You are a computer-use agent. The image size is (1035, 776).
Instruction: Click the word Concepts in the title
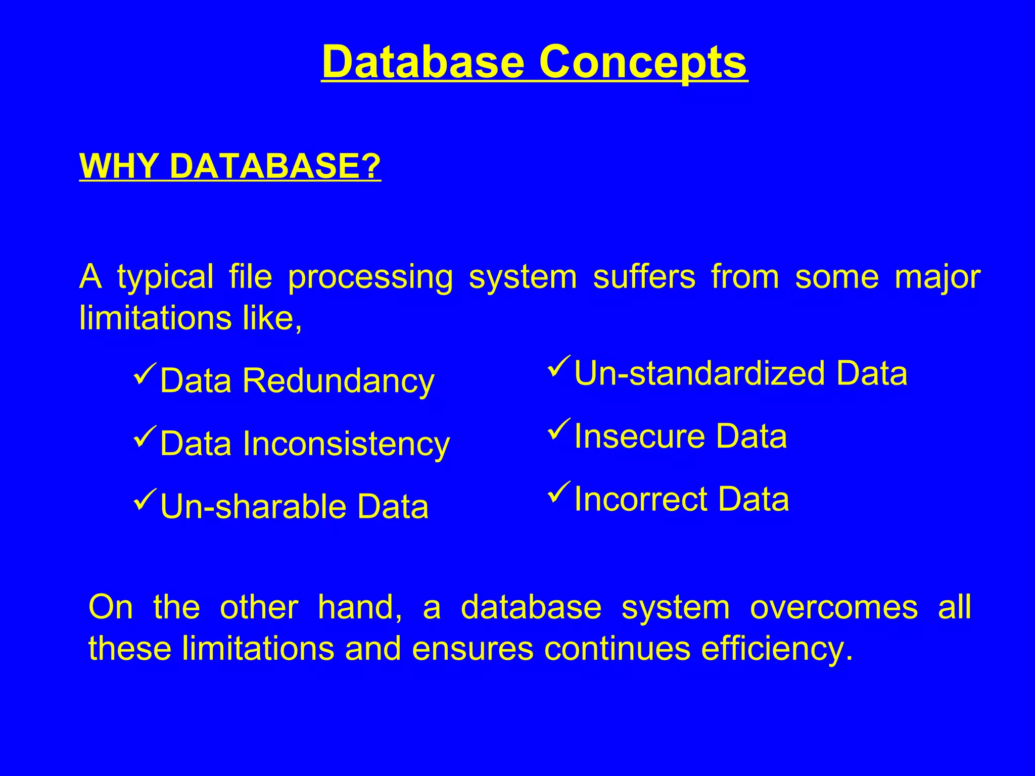(642, 62)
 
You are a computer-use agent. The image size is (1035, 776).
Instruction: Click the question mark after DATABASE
(371, 166)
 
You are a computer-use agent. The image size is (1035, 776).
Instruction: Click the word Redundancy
(338, 381)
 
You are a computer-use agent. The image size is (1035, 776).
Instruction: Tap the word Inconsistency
(346, 444)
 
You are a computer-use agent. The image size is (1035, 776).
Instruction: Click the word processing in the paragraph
(370, 278)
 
